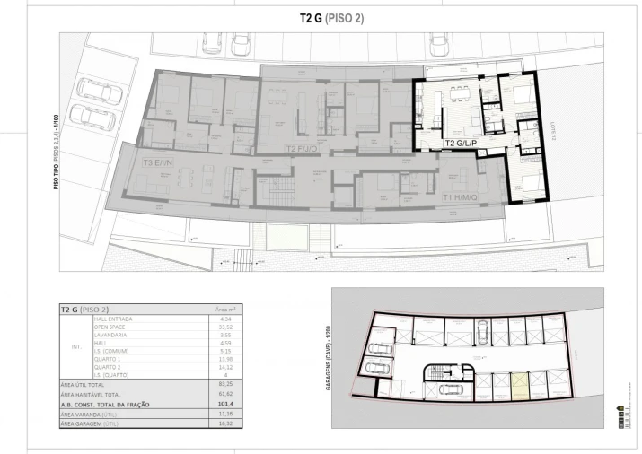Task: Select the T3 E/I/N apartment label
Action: [159, 163]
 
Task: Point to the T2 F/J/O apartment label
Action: [302, 149]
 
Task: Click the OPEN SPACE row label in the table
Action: [112, 327]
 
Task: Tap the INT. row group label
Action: [75, 345]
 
